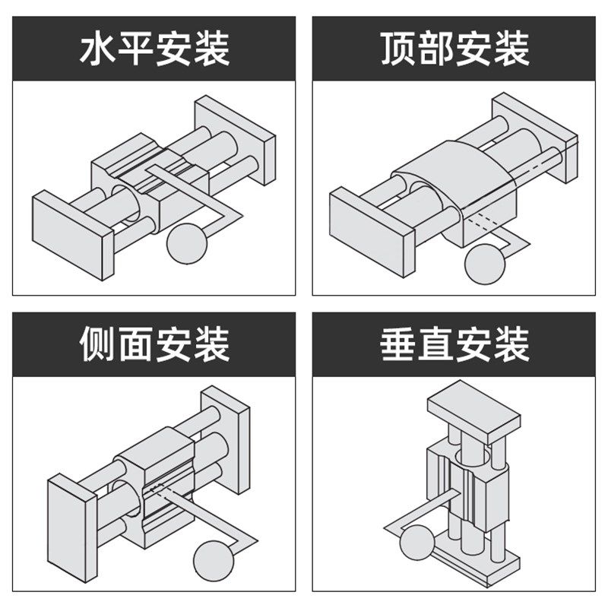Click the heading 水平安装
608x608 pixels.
[154, 48]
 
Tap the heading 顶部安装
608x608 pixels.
[454, 48]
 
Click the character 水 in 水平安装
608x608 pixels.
[98, 48]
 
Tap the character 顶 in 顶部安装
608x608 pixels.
[397, 48]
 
